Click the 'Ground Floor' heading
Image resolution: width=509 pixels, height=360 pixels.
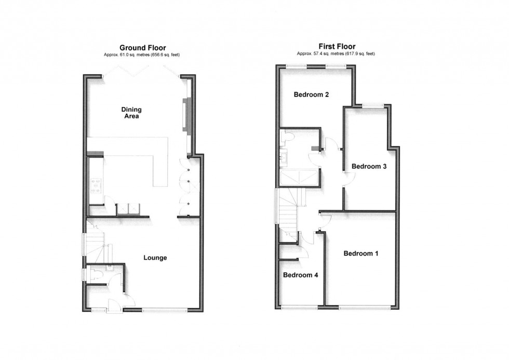(x=142, y=48)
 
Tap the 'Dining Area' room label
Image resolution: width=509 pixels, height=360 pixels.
(x=131, y=113)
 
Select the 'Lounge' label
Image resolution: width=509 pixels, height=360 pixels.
(x=155, y=258)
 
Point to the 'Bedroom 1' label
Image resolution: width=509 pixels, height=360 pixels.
(x=360, y=254)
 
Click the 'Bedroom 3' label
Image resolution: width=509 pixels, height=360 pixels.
(x=369, y=166)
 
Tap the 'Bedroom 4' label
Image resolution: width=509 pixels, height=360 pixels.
(x=300, y=275)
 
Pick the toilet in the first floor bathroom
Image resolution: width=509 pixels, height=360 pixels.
(x=287, y=137)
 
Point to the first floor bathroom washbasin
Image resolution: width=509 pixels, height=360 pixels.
(x=284, y=156)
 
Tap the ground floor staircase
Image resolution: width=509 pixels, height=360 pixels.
(x=97, y=244)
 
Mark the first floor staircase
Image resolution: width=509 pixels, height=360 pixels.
(x=287, y=208)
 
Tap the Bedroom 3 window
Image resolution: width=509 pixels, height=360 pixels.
(x=374, y=105)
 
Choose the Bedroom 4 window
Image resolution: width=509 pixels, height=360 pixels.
(x=299, y=307)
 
